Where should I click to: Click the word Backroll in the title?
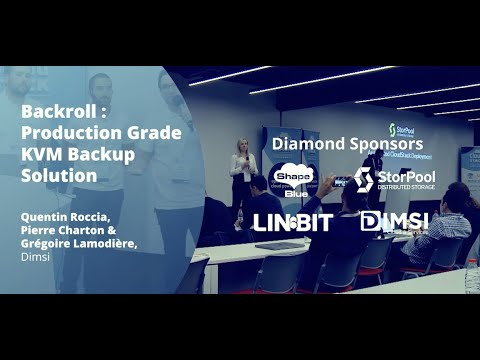53,112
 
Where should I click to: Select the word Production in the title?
63,133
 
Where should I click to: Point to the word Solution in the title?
59,176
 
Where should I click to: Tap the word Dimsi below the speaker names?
36,255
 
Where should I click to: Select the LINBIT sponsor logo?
291,222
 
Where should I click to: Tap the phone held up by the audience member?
343,183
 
